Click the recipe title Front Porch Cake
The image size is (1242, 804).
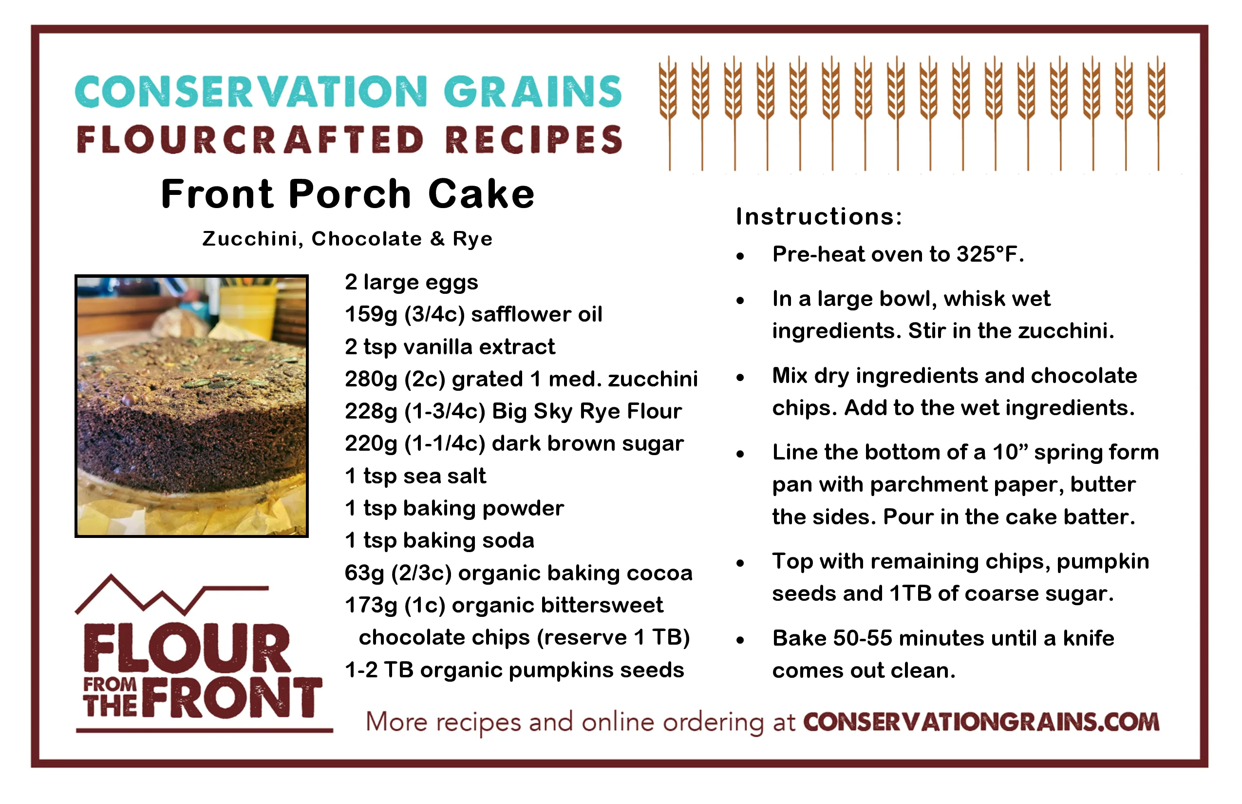click(x=348, y=194)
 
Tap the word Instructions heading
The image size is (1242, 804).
click(x=819, y=216)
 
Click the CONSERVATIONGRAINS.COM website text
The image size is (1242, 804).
click(x=981, y=722)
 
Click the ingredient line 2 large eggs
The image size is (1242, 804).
click(x=411, y=283)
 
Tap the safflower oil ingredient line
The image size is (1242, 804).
click(x=473, y=314)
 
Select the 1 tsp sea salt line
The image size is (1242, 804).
click(x=415, y=476)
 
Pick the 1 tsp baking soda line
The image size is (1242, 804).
click(x=439, y=541)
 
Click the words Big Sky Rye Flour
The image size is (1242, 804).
click(x=586, y=411)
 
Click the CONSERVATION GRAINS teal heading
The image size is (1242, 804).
click(x=349, y=92)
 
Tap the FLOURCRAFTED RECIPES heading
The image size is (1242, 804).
click(x=350, y=140)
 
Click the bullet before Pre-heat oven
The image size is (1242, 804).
click(x=740, y=256)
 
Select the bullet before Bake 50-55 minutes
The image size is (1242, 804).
click(x=740, y=640)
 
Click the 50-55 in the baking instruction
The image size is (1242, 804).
click(x=863, y=638)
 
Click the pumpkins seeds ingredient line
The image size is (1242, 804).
click(x=514, y=670)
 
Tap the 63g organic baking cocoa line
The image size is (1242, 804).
click(x=518, y=573)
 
